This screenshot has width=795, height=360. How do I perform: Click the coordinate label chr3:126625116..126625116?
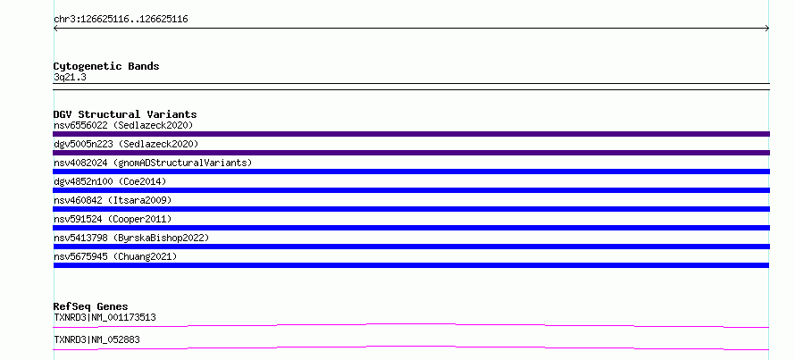[x=121, y=20]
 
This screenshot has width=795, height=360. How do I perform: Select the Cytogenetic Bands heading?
[x=106, y=66]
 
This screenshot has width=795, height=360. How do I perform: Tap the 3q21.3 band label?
[x=70, y=77]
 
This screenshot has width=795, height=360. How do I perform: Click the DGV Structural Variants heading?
[x=125, y=114]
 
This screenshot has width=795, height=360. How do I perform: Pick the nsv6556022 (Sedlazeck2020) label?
[x=123, y=125]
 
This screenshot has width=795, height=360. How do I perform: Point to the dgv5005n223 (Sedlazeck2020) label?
[x=126, y=144]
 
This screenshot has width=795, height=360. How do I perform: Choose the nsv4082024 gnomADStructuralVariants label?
[x=153, y=163]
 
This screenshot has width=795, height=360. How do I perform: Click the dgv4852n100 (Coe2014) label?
[x=110, y=181]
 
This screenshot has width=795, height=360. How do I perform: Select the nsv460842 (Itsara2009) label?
[x=113, y=200]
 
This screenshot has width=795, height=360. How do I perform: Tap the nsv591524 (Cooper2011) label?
[x=113, y=219]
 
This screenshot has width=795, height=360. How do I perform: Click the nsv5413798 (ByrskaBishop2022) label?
[x=131, y=238]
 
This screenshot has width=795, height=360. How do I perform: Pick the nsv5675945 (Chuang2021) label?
[x=115, y=256]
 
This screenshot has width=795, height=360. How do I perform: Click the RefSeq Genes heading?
[x=91, y=306]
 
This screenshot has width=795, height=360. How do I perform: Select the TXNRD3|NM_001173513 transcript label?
[x=105, y=317]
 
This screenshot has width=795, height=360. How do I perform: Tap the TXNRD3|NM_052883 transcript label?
[x=96, y=339]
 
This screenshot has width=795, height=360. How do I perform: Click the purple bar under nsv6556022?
[x=411, y=134]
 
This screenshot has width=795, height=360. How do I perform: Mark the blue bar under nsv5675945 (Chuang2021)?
[x=411, y=265]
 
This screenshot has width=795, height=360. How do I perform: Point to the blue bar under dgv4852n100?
[x=411, y=190]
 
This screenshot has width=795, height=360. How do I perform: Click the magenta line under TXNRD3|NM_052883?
[x=411, y=347]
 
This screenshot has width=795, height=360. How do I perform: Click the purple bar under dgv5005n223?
[x=411, y=153]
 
